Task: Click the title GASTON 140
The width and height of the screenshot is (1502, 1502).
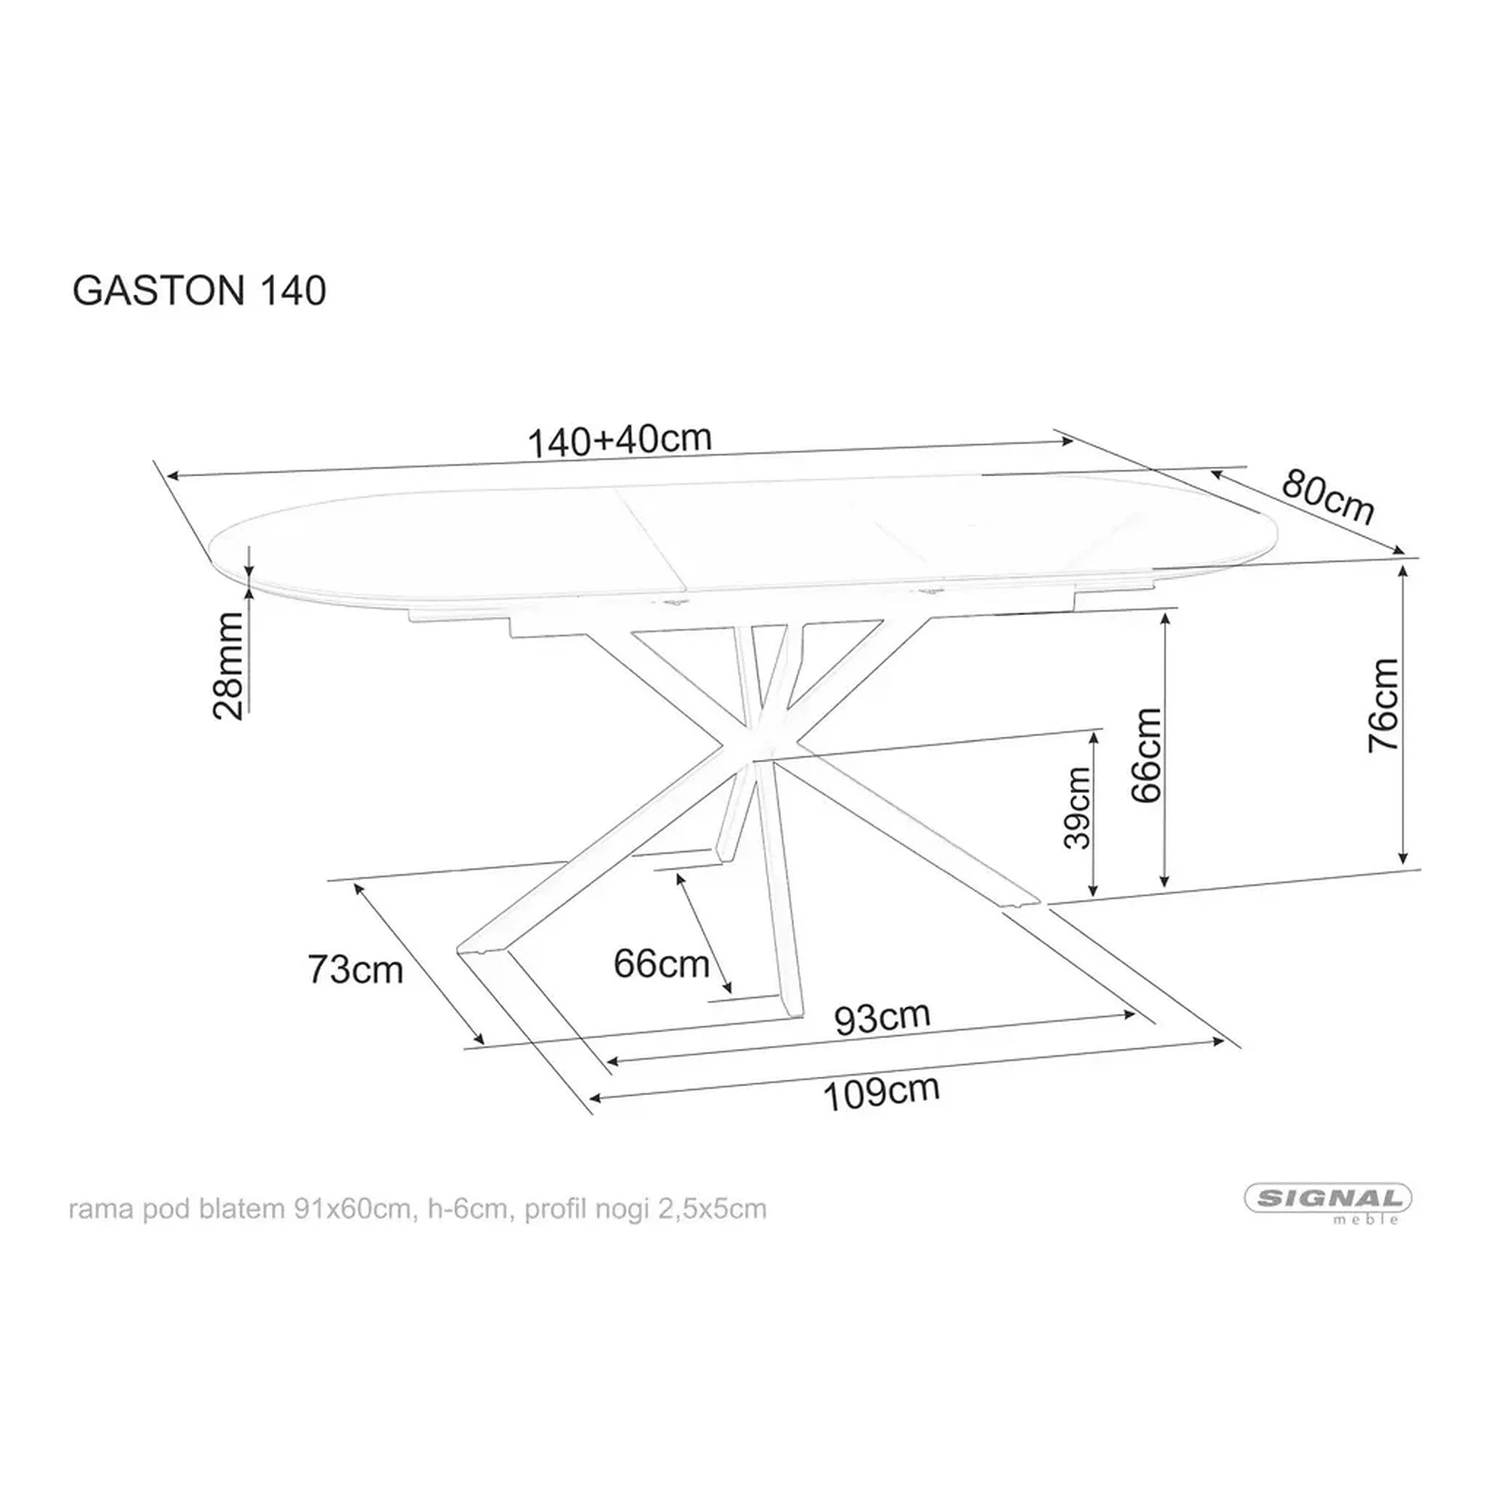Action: tap(199, 291)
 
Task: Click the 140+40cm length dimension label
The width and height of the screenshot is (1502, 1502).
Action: tap(620, 440)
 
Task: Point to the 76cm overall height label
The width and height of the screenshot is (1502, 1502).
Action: tap(1384, 706)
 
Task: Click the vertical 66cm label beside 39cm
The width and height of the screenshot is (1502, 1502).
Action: tap(1147, 754)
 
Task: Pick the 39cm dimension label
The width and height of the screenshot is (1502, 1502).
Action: tap(1078, 808)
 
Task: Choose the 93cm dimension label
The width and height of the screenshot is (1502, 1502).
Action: tap(882, 1018)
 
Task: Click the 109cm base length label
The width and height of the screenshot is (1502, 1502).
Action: tap(881, 1093)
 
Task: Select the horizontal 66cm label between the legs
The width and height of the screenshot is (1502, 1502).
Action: tap(661, 965)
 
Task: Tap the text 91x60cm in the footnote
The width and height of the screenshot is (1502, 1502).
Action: tap(351, 1210)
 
